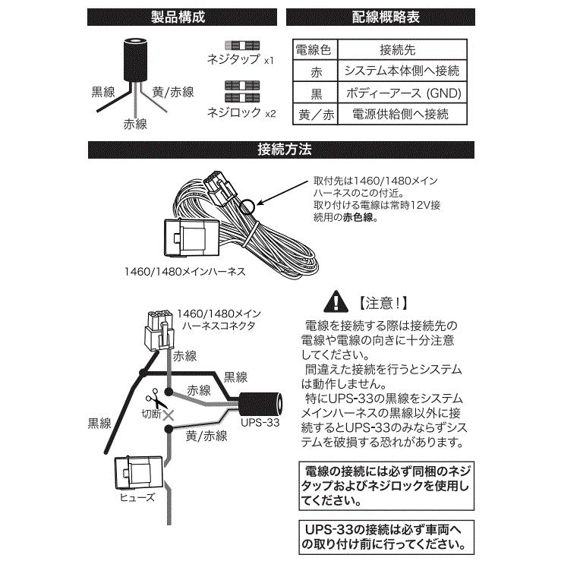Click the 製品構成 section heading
(x=183, y=14)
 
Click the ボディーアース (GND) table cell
(x=401, y=93)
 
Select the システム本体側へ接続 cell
(x=401, y=72)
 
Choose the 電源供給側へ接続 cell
(x=401, y=115)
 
